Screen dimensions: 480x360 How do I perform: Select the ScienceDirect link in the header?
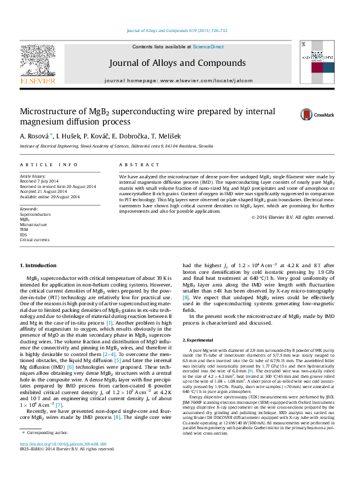point(208,47)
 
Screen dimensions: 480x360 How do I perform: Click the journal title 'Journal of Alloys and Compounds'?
point(177,63)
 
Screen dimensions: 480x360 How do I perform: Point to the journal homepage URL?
point(178,80)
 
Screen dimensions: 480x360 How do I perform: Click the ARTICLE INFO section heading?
point(49,164)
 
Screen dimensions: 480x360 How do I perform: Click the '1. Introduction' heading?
point(39,265)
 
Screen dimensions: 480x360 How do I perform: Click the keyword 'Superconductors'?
point(36,215)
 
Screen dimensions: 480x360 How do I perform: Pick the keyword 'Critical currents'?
point(35,239)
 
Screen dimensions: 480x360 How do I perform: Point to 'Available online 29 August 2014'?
point(50,196)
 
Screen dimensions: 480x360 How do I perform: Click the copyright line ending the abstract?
point(301,218)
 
